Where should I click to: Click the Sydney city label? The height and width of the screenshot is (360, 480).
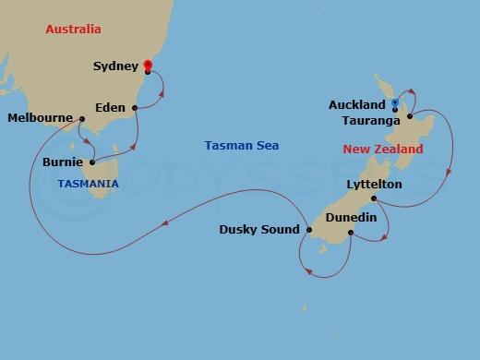115,66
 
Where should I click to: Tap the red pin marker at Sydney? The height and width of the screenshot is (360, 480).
148,65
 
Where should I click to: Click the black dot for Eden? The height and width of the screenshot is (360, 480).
136,108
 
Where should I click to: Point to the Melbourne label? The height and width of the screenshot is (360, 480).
40,118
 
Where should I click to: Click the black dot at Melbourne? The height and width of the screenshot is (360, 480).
82,118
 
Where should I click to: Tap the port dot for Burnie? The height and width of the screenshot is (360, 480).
92,162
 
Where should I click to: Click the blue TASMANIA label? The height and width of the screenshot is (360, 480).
88,184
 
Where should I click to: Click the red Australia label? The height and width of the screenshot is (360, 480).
73,30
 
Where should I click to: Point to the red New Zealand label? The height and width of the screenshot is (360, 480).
382,150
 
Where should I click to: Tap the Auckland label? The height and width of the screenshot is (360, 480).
356,105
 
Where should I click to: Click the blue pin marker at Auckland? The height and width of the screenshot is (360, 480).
394,103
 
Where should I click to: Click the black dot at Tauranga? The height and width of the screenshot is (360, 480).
408,118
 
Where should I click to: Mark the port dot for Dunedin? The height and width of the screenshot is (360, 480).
351,232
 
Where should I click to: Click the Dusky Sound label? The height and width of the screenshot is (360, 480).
258,230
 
